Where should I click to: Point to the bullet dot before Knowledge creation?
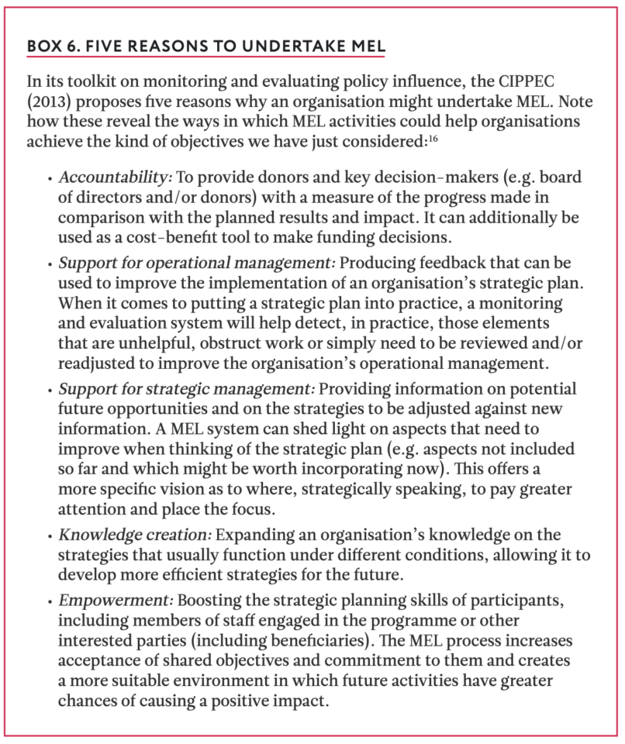pos(50,536)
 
